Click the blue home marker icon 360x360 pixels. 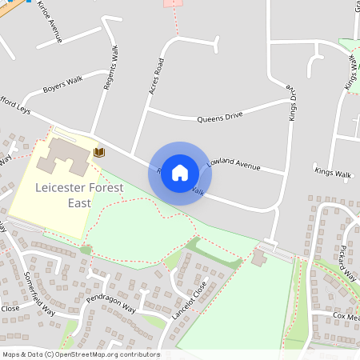(x=180, y=173)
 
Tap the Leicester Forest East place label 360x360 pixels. (x=79, y=195)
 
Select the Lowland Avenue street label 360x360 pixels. (x=234, y=165)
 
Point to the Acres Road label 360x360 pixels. (x=156, y=77)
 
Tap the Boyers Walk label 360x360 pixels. (x=63, y=83)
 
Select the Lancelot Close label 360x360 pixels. (x=189, y=302)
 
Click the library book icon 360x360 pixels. (x=99, y=152)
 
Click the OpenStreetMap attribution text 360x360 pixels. (x=80, y=354)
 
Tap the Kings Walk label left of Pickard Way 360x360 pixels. (x=333, y=173)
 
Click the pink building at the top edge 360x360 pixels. (x=174, y=3)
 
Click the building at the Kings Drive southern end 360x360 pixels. (x=259, y=258)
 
